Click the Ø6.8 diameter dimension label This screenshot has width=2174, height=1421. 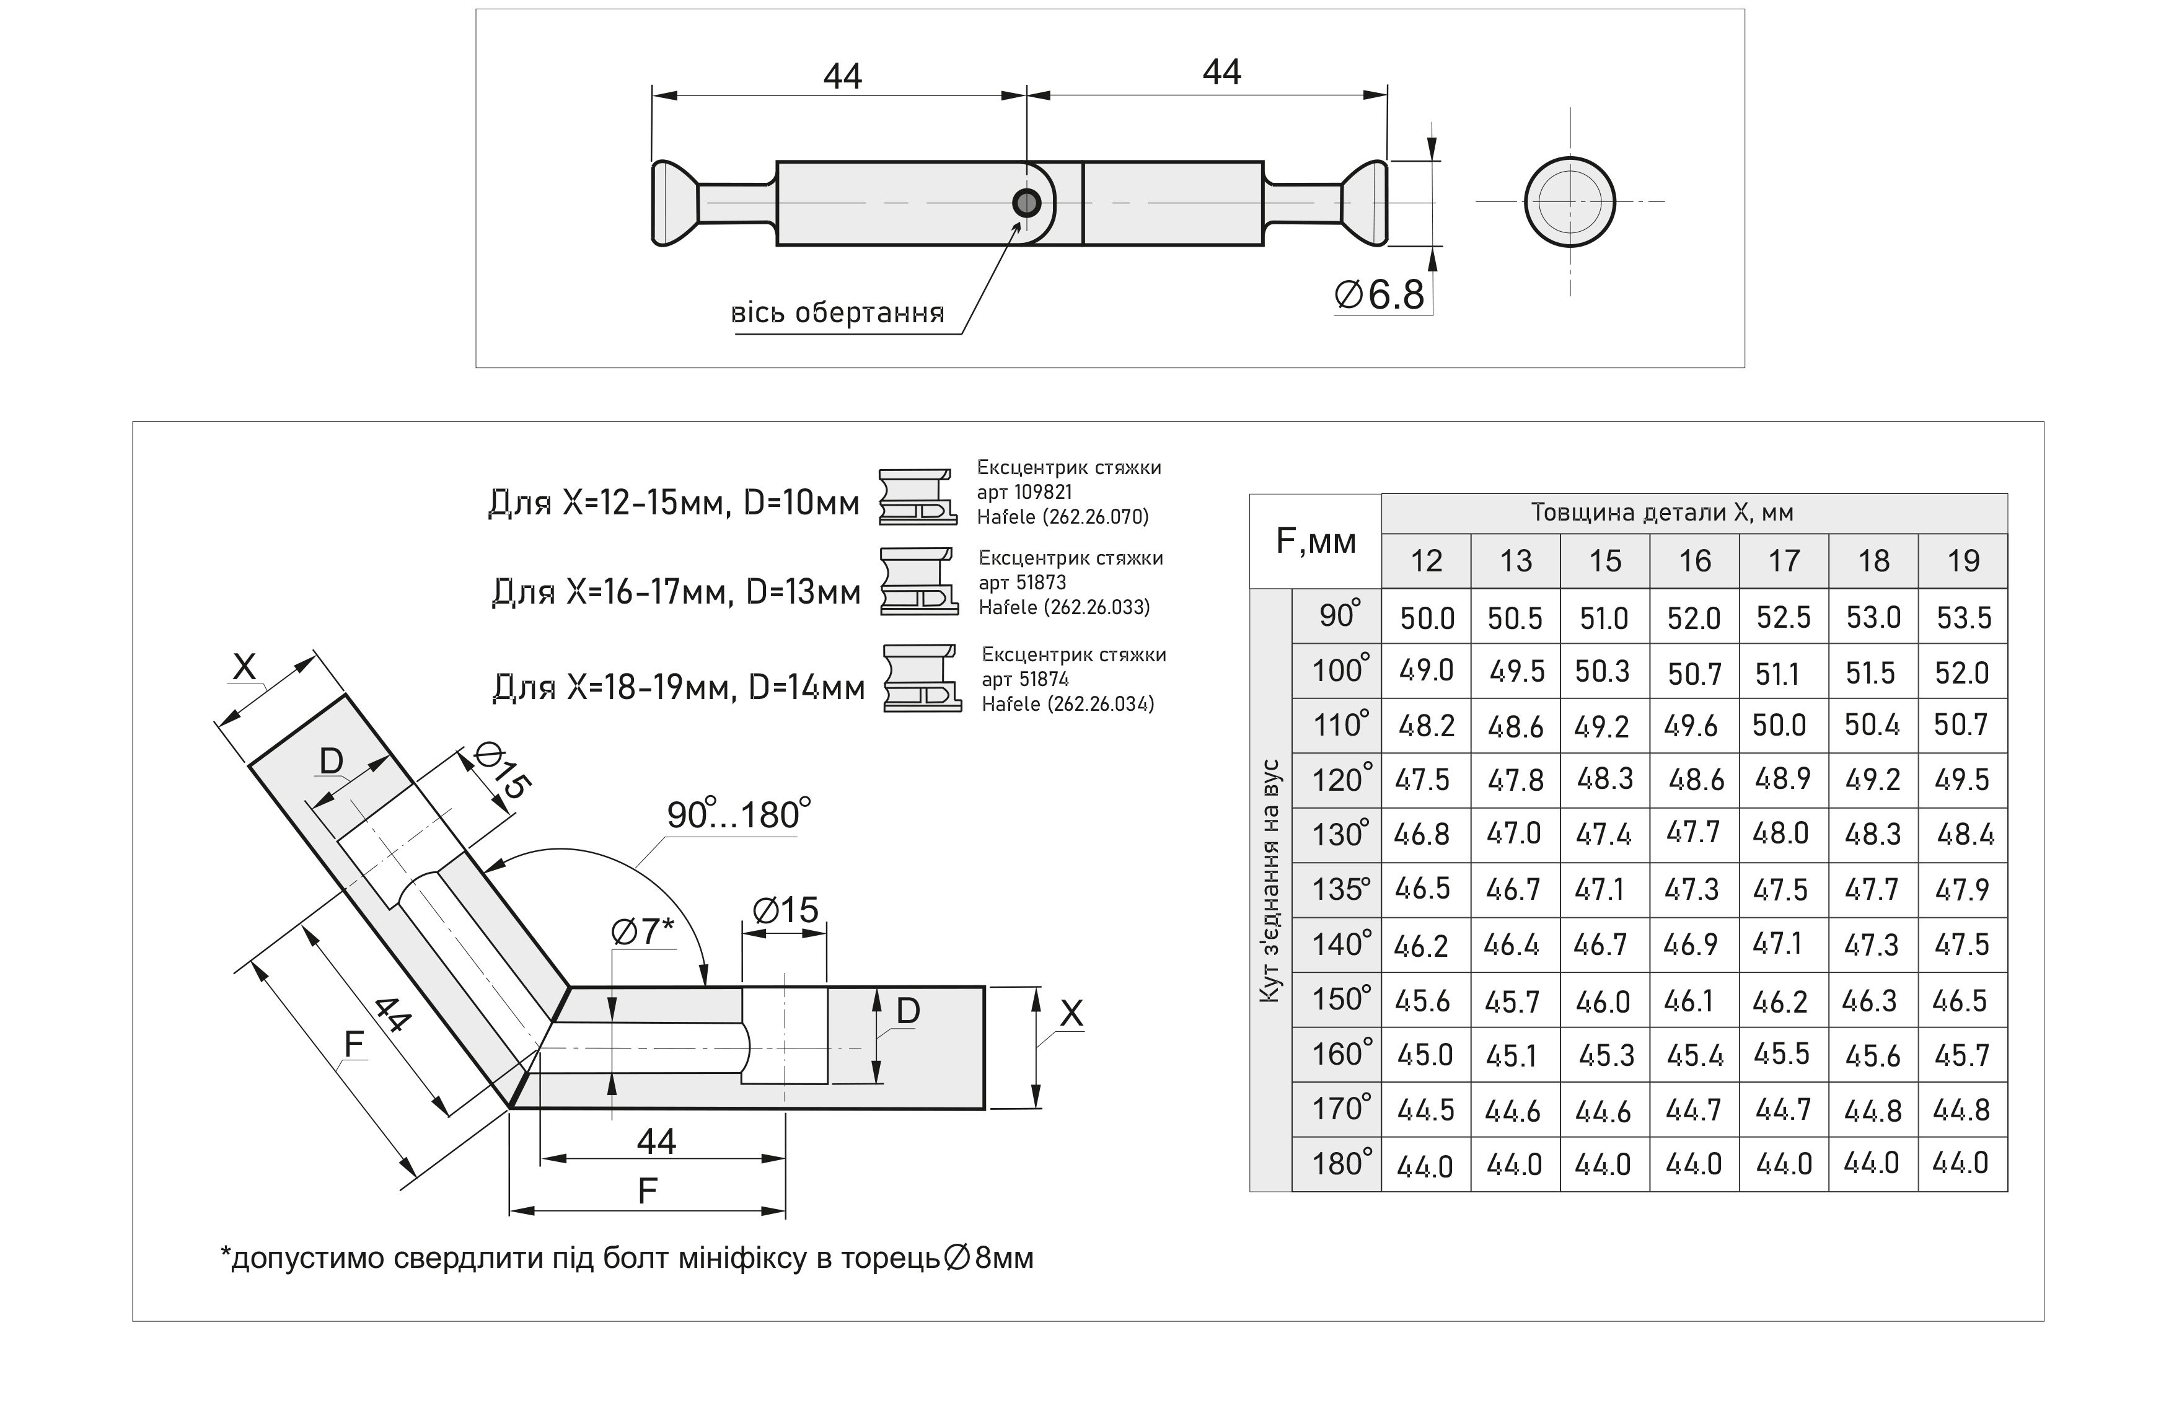[1380, 295]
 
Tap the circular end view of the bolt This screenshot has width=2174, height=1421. [1569, 202]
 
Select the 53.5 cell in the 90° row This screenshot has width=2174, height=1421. [1963, 617]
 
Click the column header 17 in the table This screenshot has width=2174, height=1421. [1783, 561]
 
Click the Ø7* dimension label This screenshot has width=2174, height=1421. [641, 931]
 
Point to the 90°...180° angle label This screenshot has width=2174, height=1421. [738, 814]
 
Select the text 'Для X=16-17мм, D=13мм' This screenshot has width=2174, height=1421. [676, 592]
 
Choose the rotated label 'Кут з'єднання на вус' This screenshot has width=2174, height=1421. [1270, 881]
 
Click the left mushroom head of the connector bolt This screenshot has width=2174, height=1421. [674, 203]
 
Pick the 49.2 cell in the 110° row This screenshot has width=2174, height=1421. [1601, 726]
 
